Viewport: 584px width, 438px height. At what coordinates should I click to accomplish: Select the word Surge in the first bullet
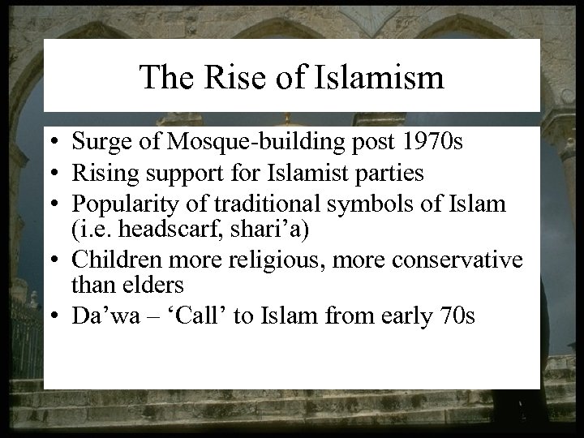[x=98, y=144]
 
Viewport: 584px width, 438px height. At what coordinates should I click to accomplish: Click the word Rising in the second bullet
[x=101, y=172]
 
